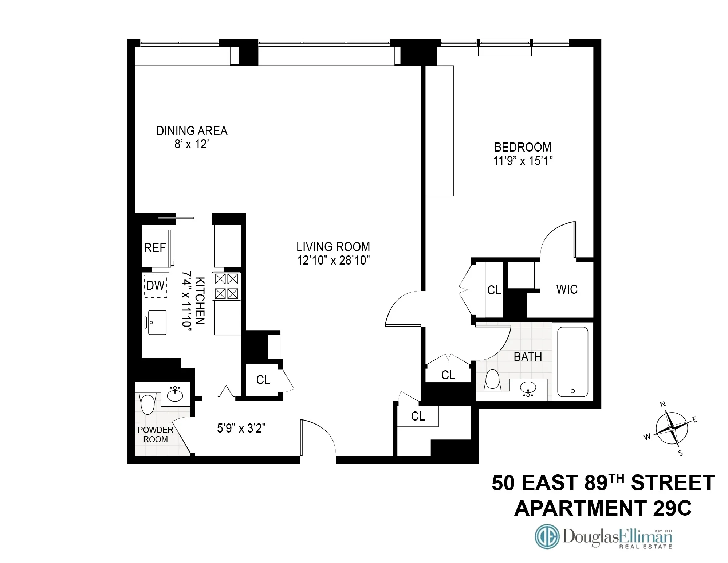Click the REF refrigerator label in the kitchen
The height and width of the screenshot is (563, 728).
tap(155, 248)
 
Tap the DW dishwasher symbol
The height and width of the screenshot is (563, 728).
tap(156, 285)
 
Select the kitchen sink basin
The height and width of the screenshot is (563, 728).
tap(157, 322)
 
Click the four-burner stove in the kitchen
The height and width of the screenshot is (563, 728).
tap(226, 286)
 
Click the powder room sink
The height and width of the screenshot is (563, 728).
tap(175, 394)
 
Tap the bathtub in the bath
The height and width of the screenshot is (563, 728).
tap(572, 361)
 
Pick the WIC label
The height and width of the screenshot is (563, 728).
tap(567, 289)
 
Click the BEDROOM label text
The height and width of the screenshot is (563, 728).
tap(523, 147)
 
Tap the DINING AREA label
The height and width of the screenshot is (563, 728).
tap(192, 131)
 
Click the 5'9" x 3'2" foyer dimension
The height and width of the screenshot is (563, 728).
tap(241, 428)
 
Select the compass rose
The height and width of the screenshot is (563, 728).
tap(672, 429)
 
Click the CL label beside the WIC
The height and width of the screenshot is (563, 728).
tap(494, 290)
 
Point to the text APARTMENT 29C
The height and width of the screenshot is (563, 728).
tap(603, 508)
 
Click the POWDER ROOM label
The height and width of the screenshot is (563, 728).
tap(155, 435)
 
